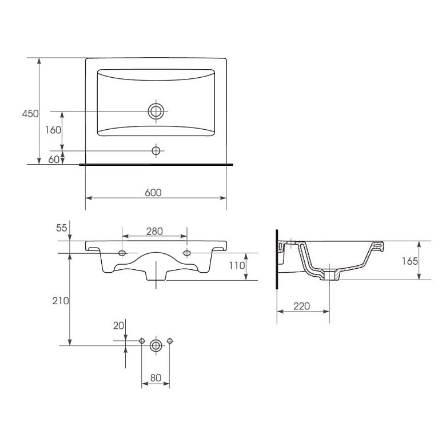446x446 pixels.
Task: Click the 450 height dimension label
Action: point(30,114)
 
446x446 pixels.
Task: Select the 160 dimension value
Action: point(53,130)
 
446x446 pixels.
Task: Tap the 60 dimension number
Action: point(54,160)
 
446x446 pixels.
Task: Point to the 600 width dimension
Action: point(153,193)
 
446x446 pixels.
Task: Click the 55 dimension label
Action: point(61,228)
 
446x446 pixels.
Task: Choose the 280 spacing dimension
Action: point(155,232)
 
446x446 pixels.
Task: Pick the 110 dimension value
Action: point(237,266)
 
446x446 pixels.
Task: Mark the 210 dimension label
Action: point(61,301)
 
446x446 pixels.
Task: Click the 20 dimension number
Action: point(118,326)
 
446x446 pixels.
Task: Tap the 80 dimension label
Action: point(156,378)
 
